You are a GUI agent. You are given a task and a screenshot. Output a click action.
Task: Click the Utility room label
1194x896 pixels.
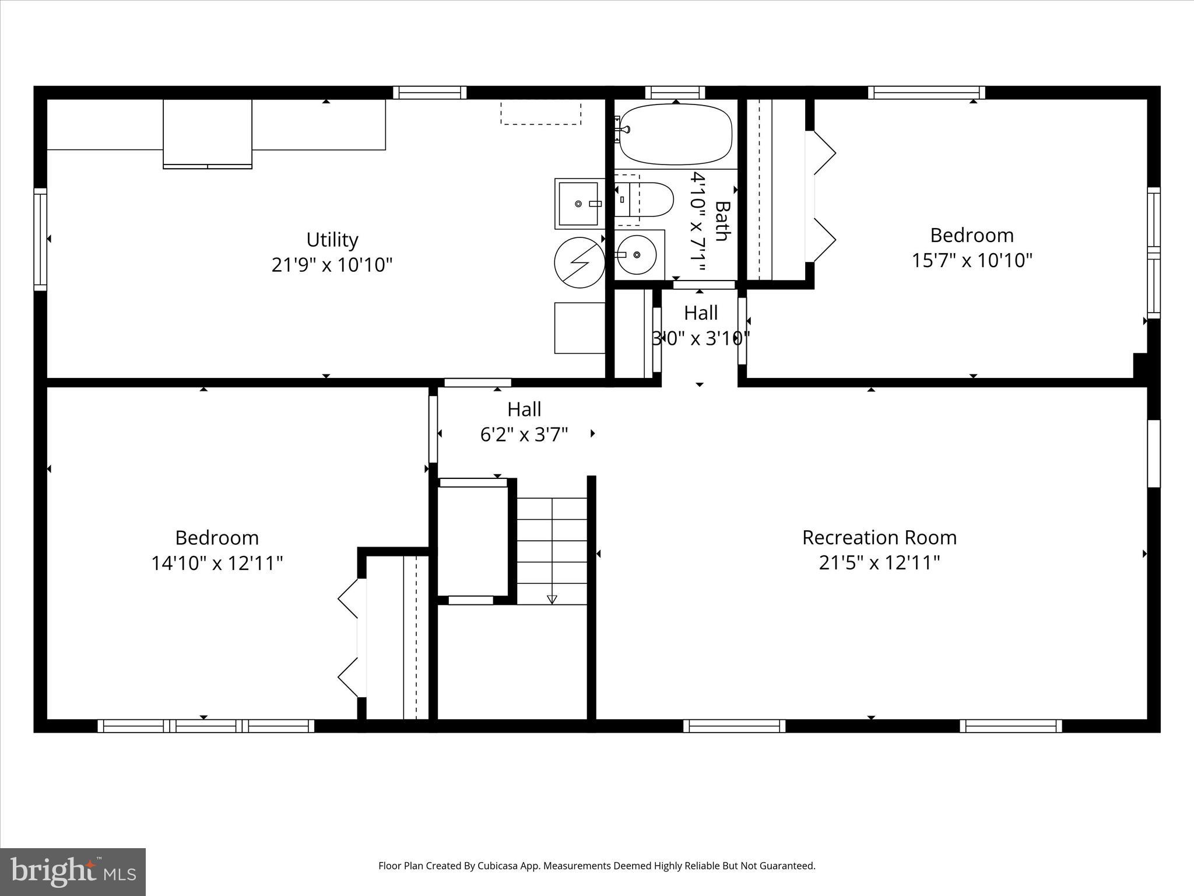(x=332, y=240)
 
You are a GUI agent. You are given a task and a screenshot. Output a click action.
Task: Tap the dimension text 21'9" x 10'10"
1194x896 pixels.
(x=332, y=265)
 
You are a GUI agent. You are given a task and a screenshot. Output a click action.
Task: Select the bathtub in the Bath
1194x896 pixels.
(x=675, y=134)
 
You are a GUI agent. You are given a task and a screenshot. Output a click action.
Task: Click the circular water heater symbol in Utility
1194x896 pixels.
(x=579, y=262)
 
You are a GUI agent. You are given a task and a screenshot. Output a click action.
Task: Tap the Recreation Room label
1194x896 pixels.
(x=879, y=537)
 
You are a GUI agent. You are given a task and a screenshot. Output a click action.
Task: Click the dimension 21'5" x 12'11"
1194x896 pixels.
(x=879, y=563)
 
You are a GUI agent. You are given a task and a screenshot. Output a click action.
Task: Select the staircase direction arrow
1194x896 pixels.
(x=552, y=599)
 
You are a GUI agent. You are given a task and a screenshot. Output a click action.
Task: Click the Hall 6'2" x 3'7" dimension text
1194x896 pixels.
(x=524, y=435)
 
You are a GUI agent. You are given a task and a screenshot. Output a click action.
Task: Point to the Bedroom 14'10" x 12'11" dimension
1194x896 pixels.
(x=217, y=563)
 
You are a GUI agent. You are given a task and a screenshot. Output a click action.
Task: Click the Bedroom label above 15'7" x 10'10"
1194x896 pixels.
(x=971, y=235)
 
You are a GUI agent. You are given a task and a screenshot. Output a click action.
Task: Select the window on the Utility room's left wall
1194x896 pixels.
(x=40, y=239)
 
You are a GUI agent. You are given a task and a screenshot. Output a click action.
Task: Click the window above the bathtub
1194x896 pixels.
(x=675, y=92)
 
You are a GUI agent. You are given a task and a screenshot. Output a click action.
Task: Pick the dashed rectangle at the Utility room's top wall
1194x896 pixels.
(x=540, y=112)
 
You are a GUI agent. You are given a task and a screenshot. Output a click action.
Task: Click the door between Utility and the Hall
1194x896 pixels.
(x=477, y=383)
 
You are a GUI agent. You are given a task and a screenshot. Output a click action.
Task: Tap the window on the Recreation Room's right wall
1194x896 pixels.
(x=1153, y=453)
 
